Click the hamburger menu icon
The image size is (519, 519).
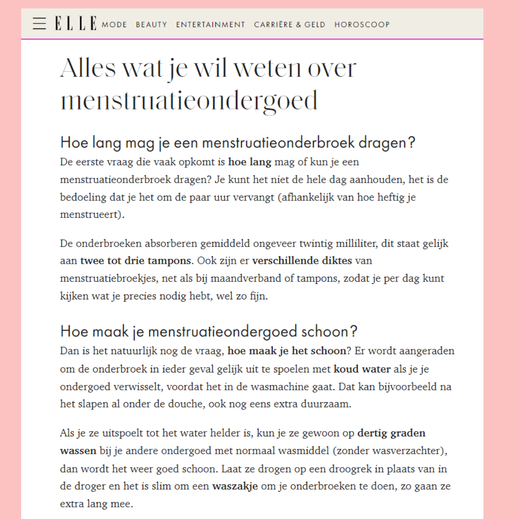click(39, 24)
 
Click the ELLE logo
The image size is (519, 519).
click(75, 24)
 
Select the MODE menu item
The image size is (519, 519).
click(114, 25)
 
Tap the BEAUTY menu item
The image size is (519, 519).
click(151, 25)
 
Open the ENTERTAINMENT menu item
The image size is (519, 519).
click(210, 25)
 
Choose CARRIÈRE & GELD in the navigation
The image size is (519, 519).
click(290, 25)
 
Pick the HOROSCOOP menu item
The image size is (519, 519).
click(362, 25)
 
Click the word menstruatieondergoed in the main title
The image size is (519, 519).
click(189, 101)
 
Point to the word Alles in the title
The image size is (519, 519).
click(88, 68)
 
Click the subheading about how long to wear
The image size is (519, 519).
click(237, 143)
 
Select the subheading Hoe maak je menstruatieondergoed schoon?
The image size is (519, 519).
click(209, 332)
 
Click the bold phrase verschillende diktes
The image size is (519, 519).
click(302, 261)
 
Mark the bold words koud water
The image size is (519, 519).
click(362, 369)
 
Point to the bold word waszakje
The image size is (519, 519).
click(235, 486)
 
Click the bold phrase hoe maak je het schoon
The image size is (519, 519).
click(286, 351)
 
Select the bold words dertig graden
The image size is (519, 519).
click(391, 433)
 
